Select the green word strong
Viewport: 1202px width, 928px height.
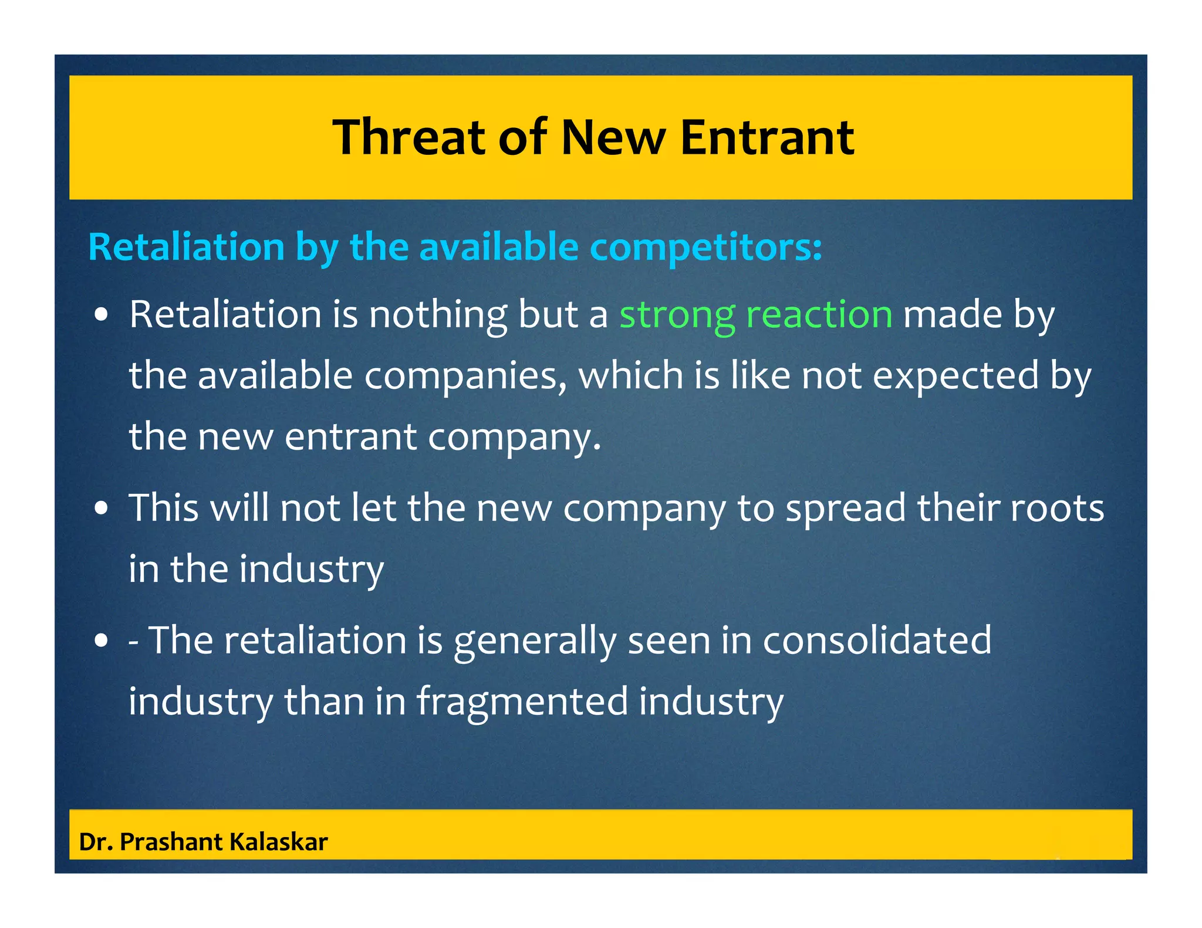click(677, 315)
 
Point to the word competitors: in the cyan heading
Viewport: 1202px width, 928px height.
click(705, 247)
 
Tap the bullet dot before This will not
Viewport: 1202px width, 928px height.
click(102, 509)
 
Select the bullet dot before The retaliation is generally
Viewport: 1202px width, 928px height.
click(102, 641)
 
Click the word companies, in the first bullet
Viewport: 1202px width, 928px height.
click(465, 376)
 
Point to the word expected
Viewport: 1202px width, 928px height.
click(955, 376)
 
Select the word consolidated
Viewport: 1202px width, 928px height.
click(877, 640)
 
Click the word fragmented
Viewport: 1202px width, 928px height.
click(522, 702)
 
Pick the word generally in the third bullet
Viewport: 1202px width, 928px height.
click(534, 641)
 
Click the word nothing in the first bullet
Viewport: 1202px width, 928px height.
click(437, 315)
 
